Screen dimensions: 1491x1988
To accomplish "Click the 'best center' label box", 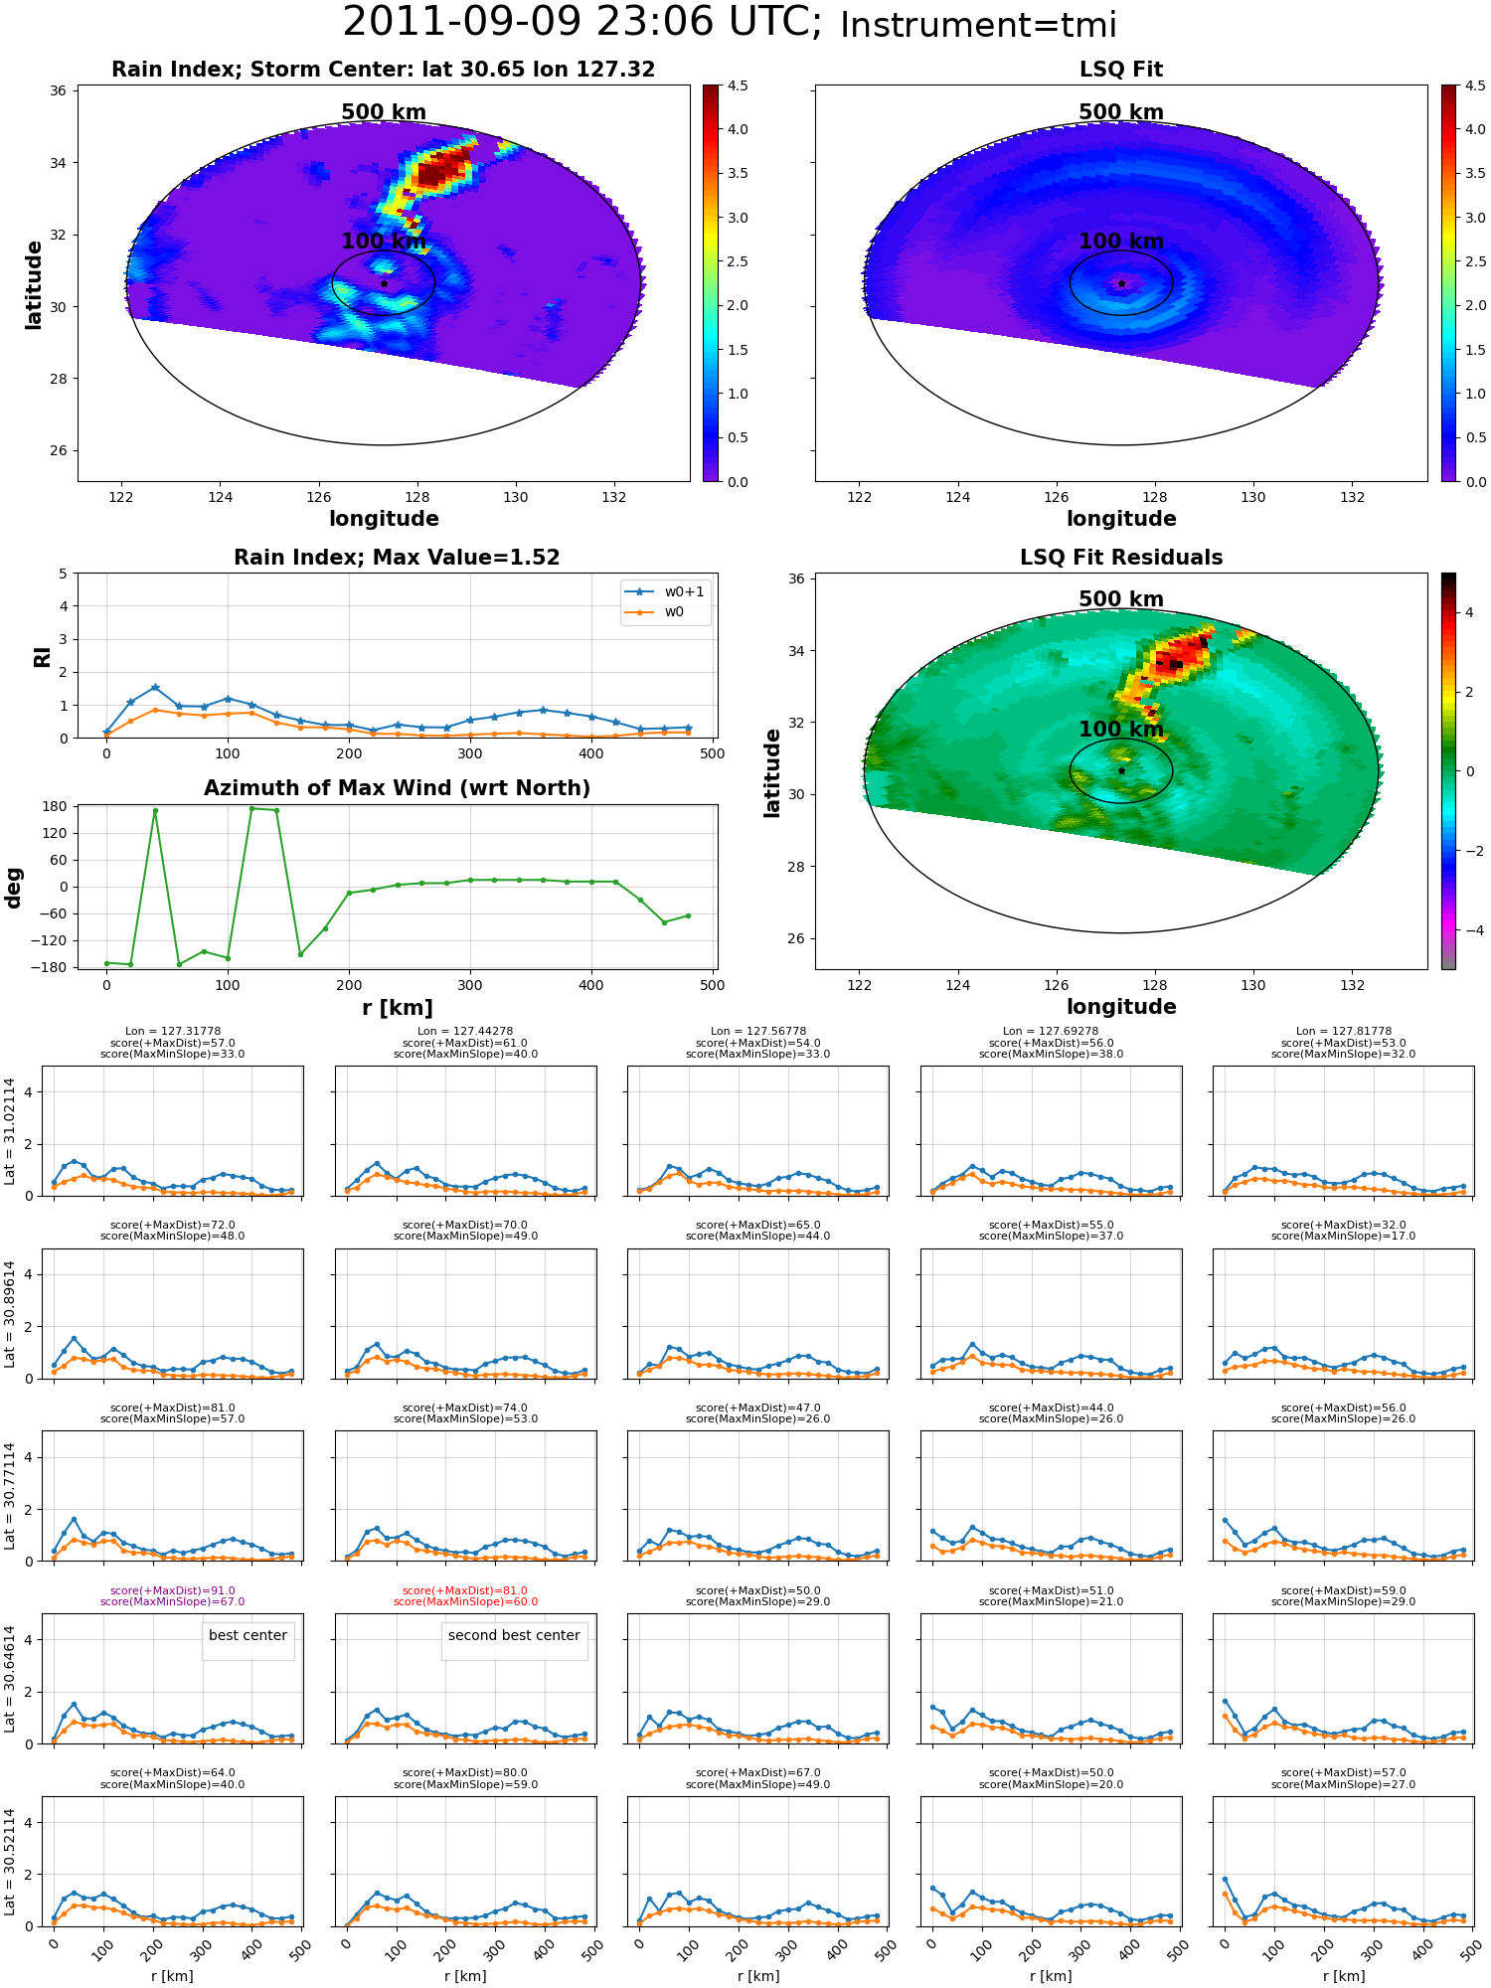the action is (248, 1640).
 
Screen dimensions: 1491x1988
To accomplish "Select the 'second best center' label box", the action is (514, 1640).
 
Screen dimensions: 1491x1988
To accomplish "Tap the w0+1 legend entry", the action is (665, 592).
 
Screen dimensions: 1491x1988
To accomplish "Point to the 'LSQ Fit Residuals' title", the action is (1121, 558).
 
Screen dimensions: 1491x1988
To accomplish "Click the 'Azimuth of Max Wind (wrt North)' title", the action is (397, 788).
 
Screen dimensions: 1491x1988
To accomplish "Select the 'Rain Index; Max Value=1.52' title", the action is (397, 558).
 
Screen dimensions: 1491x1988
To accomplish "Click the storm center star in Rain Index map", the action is (384, 283).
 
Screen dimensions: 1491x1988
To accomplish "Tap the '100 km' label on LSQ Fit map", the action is (1121, 242).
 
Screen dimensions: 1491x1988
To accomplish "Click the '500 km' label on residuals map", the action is (1121, 599).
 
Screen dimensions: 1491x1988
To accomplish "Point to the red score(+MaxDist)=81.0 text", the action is (465, 1590).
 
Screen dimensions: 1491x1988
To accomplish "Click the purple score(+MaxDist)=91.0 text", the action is (173, 1590).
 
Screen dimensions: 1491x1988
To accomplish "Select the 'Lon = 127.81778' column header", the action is (1344, 1032).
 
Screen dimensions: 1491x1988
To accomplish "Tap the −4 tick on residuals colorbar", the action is (1470, 930).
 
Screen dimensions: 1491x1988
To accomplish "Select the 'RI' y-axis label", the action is (43, 657).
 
